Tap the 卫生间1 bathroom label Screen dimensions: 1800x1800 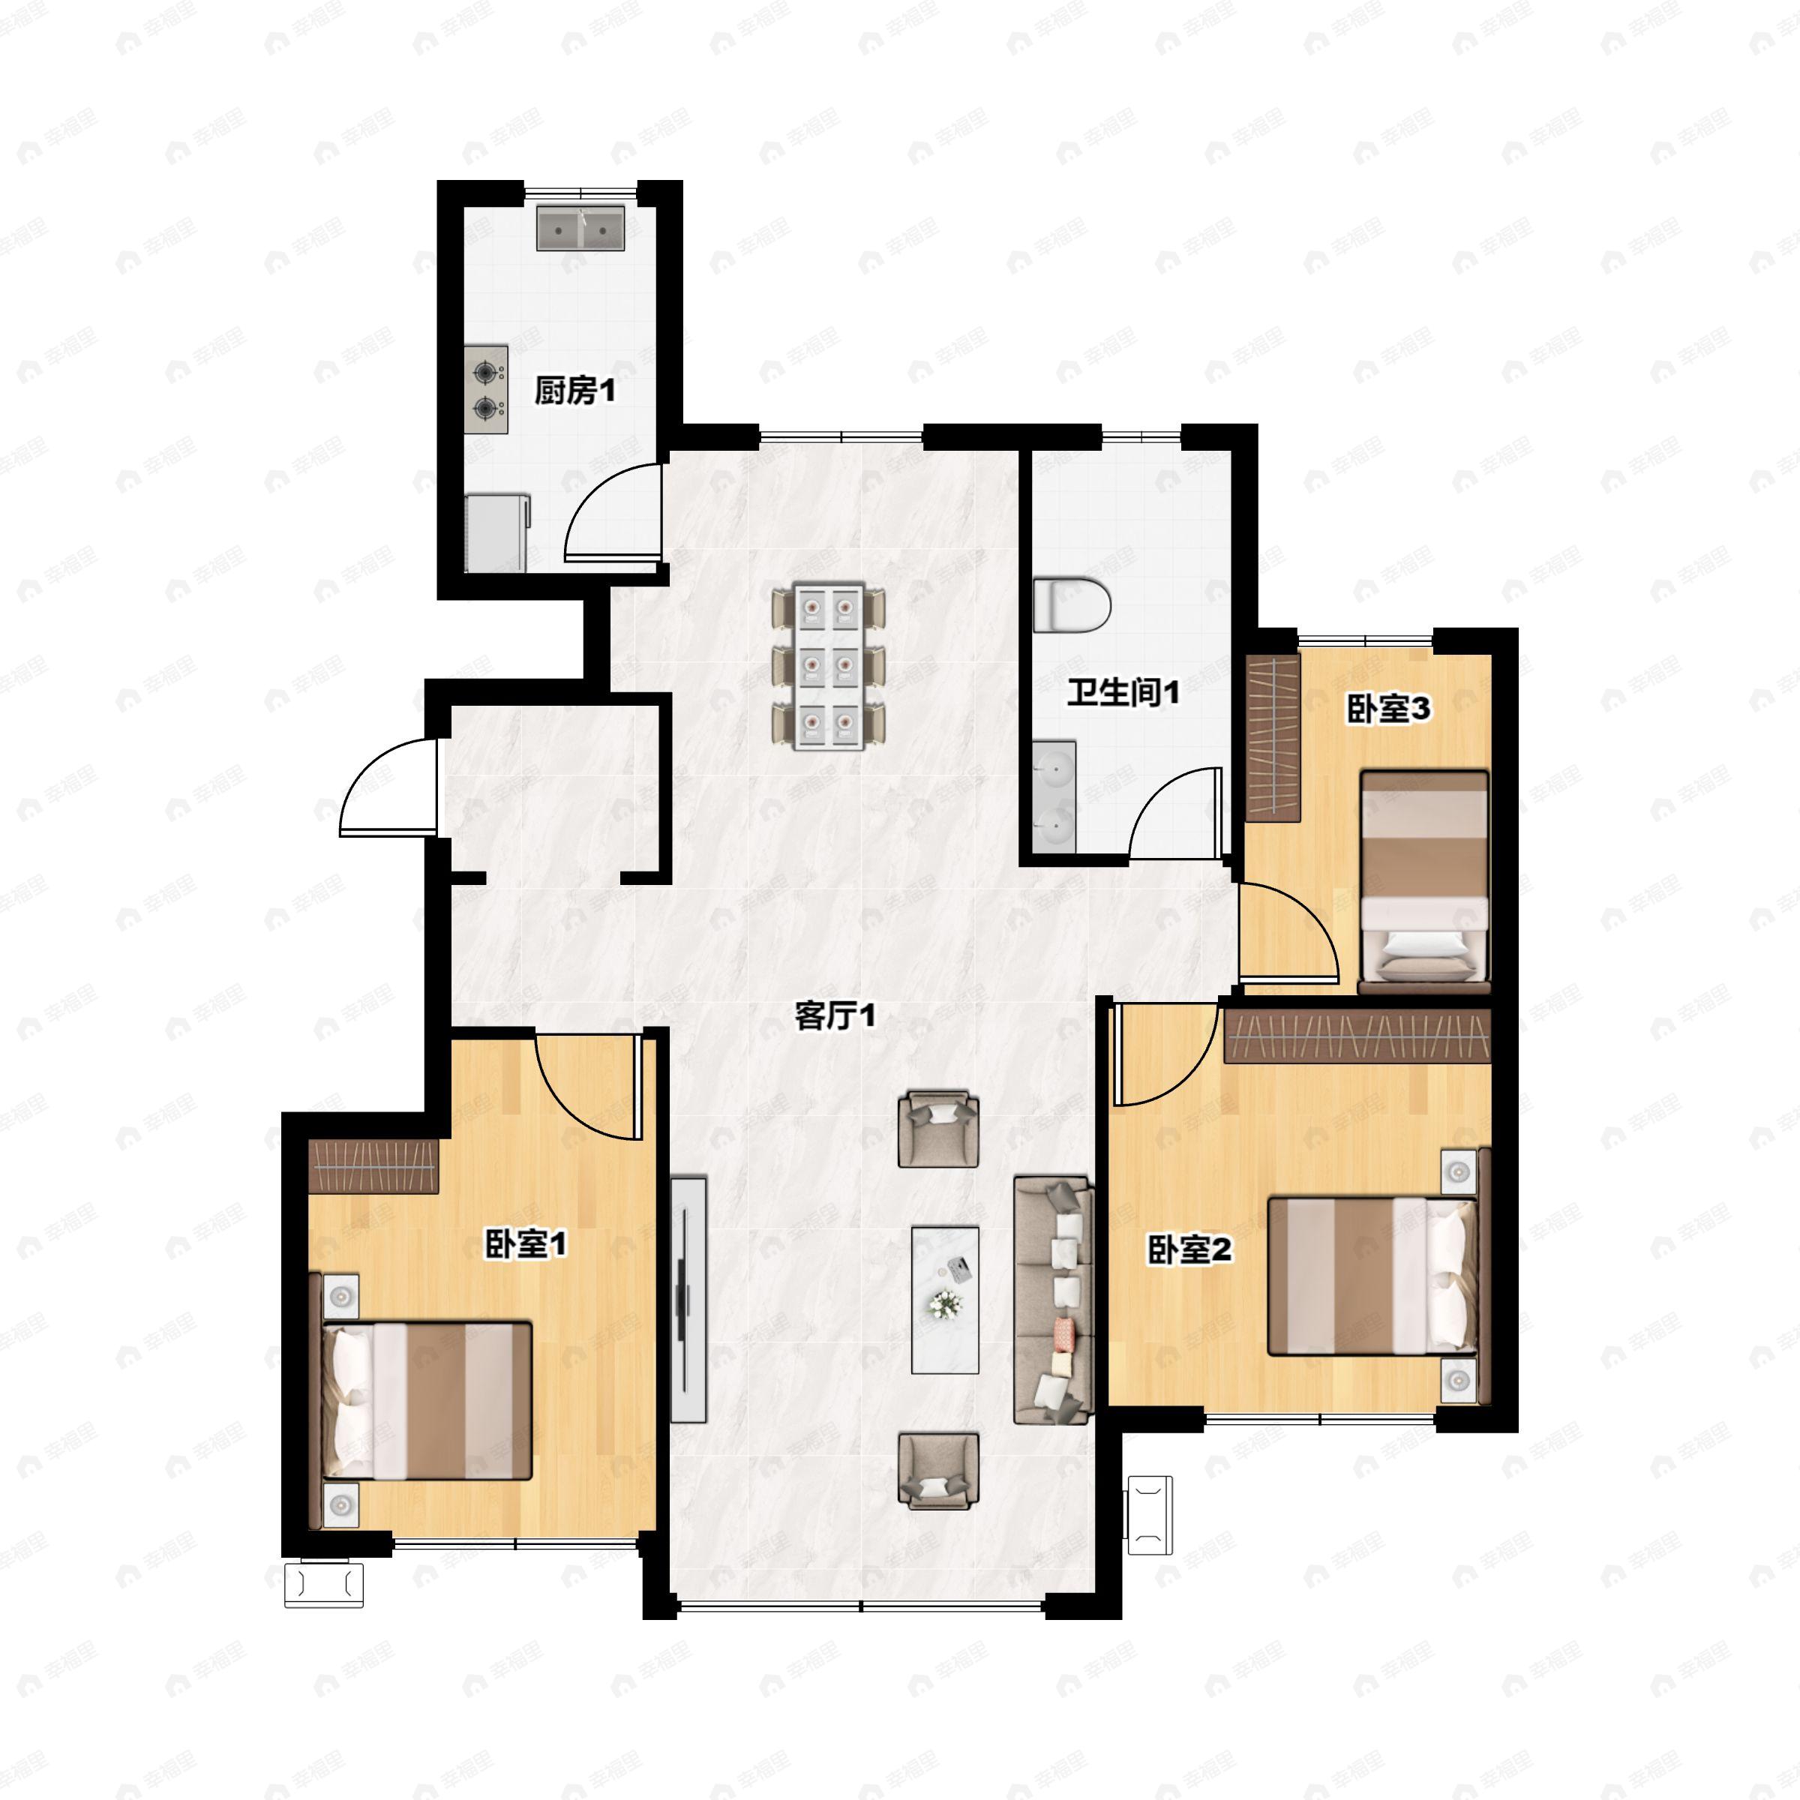(1123, 692)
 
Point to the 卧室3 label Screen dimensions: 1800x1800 (1388, 709)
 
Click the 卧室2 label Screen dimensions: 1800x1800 (1189, 1249)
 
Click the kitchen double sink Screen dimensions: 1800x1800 (580, 227)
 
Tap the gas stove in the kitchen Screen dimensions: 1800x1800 (486, 389)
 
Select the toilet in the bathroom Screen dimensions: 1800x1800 (1072, 604)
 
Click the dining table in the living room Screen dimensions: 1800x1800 (828, 666)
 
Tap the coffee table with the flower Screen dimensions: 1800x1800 (945, 1300)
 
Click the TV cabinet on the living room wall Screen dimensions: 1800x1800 (688, 1299)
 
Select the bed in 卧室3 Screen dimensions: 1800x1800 (1423, 877)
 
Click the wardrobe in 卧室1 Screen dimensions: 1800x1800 (373, 1165)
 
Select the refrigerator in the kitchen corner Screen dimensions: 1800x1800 (497, 534)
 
